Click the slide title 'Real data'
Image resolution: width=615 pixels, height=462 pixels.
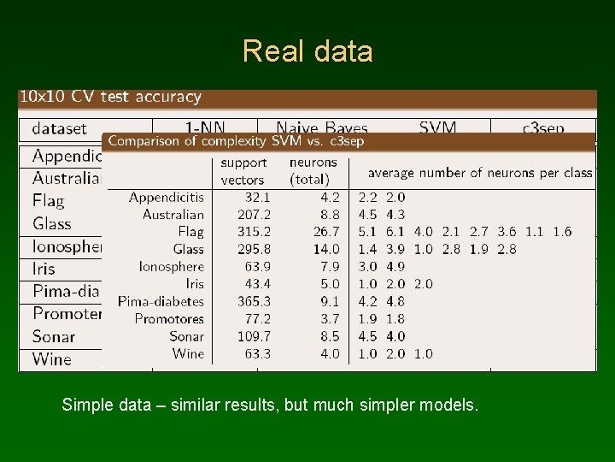307,51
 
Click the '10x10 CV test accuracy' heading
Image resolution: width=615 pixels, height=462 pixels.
110,97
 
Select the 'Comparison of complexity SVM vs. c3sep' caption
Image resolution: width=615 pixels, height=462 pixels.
236,141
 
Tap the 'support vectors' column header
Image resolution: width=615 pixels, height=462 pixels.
243,171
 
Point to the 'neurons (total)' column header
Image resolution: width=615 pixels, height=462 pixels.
313,171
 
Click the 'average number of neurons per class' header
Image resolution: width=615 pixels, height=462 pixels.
479,172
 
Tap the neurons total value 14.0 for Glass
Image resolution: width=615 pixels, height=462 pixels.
327,249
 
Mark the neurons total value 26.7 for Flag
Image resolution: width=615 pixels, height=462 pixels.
327,232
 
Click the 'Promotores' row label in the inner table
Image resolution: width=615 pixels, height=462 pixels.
169,318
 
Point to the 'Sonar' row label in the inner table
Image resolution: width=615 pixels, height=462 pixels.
186,336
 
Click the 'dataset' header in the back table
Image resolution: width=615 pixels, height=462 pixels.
59,128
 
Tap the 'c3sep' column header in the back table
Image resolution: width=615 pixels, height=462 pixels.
543,128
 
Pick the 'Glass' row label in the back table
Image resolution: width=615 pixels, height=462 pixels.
52,223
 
